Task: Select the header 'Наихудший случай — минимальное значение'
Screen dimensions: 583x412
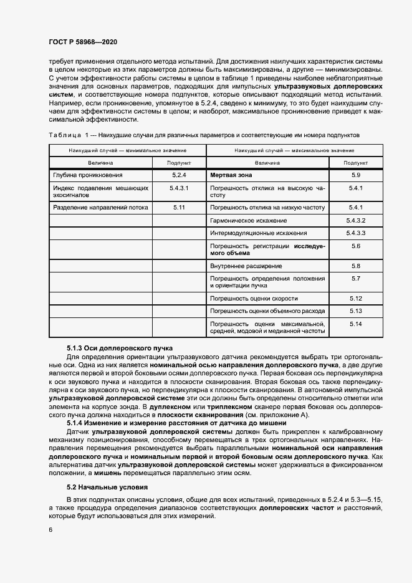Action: click(127, 151)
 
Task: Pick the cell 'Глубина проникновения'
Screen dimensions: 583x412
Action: click(88, 175)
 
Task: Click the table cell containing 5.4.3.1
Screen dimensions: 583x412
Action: click(179, 188)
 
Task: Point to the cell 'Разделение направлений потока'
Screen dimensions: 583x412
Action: click(97, 206)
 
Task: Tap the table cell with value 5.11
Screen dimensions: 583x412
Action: click(179, 206)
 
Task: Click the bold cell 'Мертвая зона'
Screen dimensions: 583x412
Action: click(231, 175)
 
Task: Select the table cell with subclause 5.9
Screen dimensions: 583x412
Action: click(356, 175)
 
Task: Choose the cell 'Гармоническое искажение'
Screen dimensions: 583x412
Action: click(249, 221)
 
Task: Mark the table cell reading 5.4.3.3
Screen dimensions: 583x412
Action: click(356, 233)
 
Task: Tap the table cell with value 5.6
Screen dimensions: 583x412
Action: click(356, 247)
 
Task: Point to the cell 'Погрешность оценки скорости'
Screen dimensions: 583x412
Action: click(254, 298)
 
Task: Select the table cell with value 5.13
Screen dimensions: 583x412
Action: click(356, 310)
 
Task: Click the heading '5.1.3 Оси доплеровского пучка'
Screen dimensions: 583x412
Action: click(120, 347)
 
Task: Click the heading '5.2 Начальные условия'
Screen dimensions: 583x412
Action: click(107, 486)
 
